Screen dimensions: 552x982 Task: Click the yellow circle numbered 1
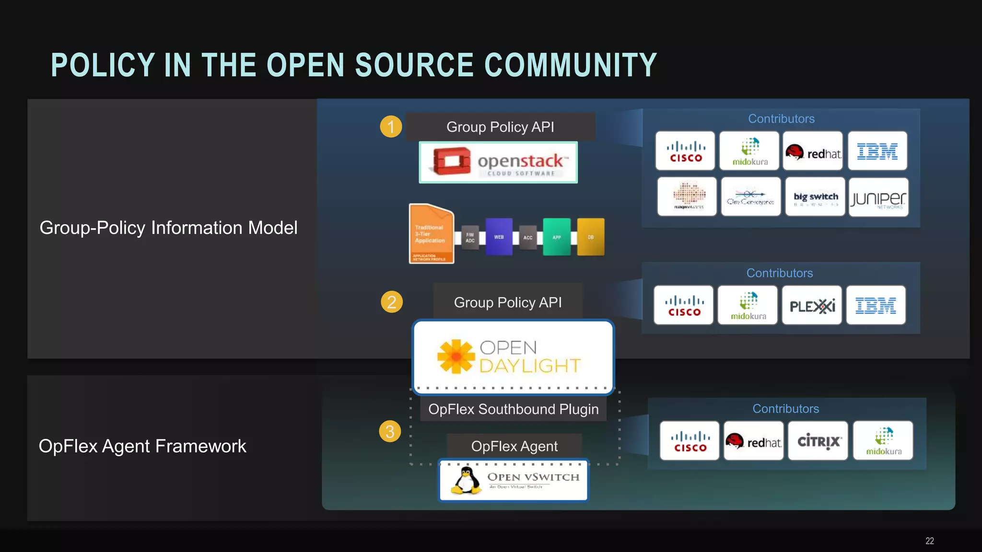pos(391,127)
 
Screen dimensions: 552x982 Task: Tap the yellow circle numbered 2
pos(392,302)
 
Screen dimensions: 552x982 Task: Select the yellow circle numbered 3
pos(390,432)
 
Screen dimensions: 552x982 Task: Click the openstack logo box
pos(498,162)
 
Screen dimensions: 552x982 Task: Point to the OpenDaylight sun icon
pos(456,356)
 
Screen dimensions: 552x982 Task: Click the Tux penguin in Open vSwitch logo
pos(466,481)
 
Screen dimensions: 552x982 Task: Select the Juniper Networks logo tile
pos(878,197)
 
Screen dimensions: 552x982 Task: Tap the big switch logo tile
pos(815,197)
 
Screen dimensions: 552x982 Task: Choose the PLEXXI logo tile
pos(812,306)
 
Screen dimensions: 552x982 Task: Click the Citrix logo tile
pos(818,441)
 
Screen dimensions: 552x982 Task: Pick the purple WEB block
pos(499,237)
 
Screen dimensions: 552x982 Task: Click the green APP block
pos(557,237)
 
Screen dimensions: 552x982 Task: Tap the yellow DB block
pos(591,237)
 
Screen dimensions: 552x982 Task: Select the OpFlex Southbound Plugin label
pos(513,409)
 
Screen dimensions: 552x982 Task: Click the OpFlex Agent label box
pos(514,446)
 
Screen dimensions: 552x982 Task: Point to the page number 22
pos(929,541)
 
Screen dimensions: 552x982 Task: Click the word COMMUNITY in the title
pos(571,65)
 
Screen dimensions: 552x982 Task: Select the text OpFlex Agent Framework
pos(142,446)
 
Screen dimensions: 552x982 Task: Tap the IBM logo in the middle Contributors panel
pos(876,306)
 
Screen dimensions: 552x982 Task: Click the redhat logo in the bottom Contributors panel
pos(753,441)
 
